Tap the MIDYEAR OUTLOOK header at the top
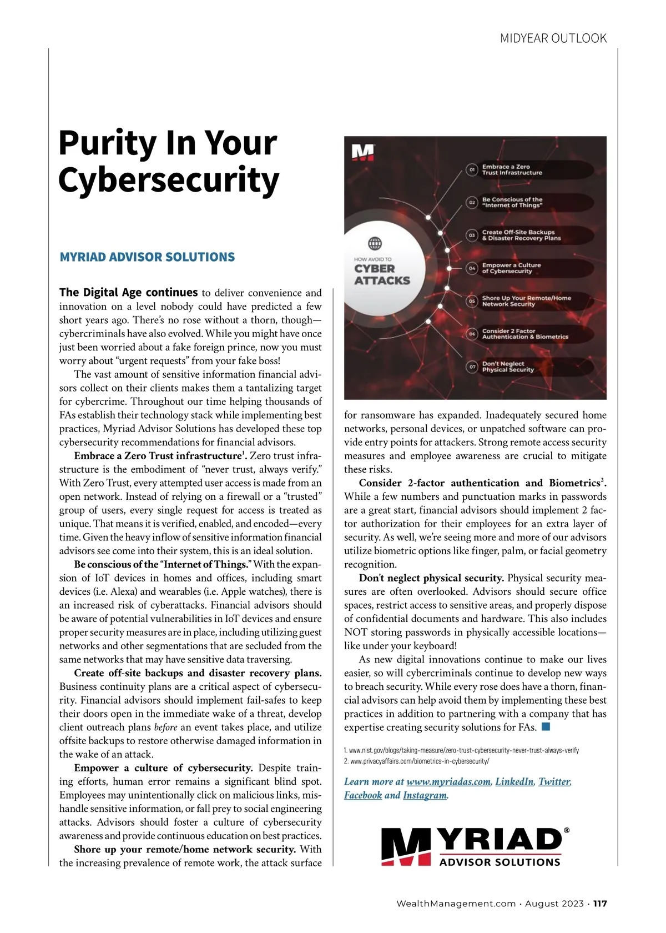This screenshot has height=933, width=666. click(x=553, y=38)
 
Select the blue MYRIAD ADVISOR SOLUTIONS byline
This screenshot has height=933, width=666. click(x=147, y=257)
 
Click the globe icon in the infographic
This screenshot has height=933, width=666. click(x=375, y=243)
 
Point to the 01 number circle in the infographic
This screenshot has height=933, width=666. click(x=472, y=169)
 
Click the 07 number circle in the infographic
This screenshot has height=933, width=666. click(x=472, y=367)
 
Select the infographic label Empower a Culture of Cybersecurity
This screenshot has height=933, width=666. click(x=511, y=268)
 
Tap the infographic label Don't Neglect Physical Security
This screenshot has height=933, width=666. click(x=508, y=367)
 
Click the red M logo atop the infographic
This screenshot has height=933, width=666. click(x=364, y=153)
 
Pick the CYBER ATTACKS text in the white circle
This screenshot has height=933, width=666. click(x=382, y=274)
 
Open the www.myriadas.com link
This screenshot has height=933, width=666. click(x=448, y=781)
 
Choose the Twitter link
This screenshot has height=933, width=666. click(x=554, y=781)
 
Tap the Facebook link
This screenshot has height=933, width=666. click(x=363, y=795)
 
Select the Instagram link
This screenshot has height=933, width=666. click(x=425, y=795)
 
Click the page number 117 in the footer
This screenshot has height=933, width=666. click(x=600, y=904)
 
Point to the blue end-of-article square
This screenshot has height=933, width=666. click(x=546, y=726)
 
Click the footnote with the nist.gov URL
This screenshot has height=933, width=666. click(x=461, y=750)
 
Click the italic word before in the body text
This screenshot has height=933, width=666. click(x=165, y=728)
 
